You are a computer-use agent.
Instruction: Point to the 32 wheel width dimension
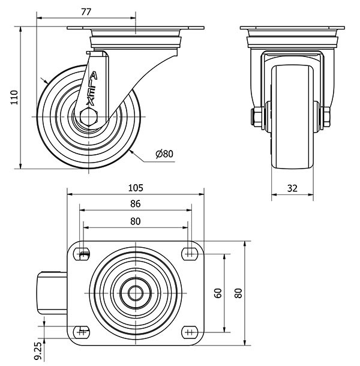(x=292, y=188)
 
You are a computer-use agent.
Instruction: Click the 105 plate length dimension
(x=135, y=187)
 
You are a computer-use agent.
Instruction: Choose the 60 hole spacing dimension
(x=218, y=293)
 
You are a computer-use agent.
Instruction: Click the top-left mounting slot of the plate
(x=83, y=254)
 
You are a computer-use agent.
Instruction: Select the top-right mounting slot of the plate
(x=190, y=254)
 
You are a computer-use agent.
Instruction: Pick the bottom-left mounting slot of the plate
(x=83, y=331)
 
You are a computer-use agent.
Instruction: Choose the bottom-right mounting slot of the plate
(x=190, y=331)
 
